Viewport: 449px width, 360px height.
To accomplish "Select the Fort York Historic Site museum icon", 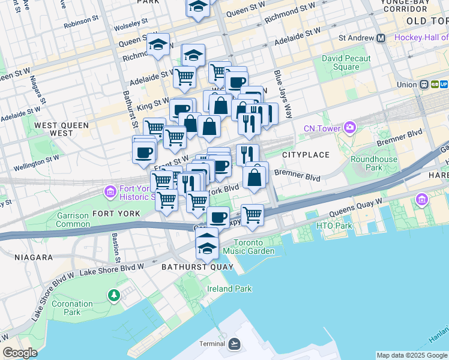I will point(110,191).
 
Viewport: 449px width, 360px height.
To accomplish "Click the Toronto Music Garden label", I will point(254,247).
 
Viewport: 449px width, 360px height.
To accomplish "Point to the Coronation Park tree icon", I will point(113,295).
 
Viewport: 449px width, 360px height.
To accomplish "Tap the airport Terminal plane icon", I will point(235,344).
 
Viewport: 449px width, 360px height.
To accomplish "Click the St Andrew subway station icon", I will point(381,38).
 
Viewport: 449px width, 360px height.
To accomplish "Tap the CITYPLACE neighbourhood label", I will point(306,155).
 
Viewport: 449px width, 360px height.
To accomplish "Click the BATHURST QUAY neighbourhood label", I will point(189,267).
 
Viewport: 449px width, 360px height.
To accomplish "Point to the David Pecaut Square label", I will point(346,63).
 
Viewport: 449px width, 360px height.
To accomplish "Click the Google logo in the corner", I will point(20,353).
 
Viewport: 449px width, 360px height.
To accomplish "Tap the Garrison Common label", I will point(73,220).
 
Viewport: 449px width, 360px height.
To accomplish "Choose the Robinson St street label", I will point(80,20).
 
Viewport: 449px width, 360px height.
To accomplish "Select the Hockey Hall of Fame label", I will point(421,38).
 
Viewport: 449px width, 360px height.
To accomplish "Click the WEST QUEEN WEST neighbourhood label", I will point(62,129).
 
